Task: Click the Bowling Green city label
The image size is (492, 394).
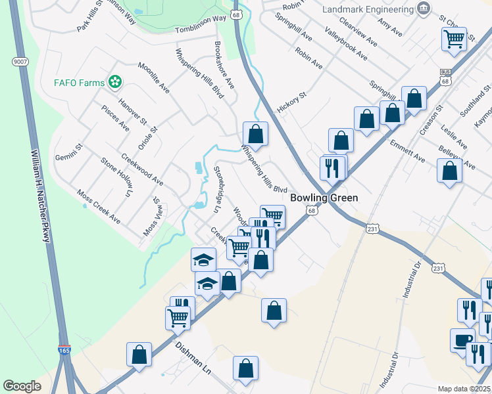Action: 324,197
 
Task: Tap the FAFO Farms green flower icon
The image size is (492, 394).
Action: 116,82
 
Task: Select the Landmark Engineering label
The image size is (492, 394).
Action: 366,9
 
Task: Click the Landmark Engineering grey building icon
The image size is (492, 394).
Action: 424,9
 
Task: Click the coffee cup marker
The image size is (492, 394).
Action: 462,340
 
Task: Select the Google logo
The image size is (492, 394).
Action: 22,386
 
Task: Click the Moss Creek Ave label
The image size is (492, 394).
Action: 99,206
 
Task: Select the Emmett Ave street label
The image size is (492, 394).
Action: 407,150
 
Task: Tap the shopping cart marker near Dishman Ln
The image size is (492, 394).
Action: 178,318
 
